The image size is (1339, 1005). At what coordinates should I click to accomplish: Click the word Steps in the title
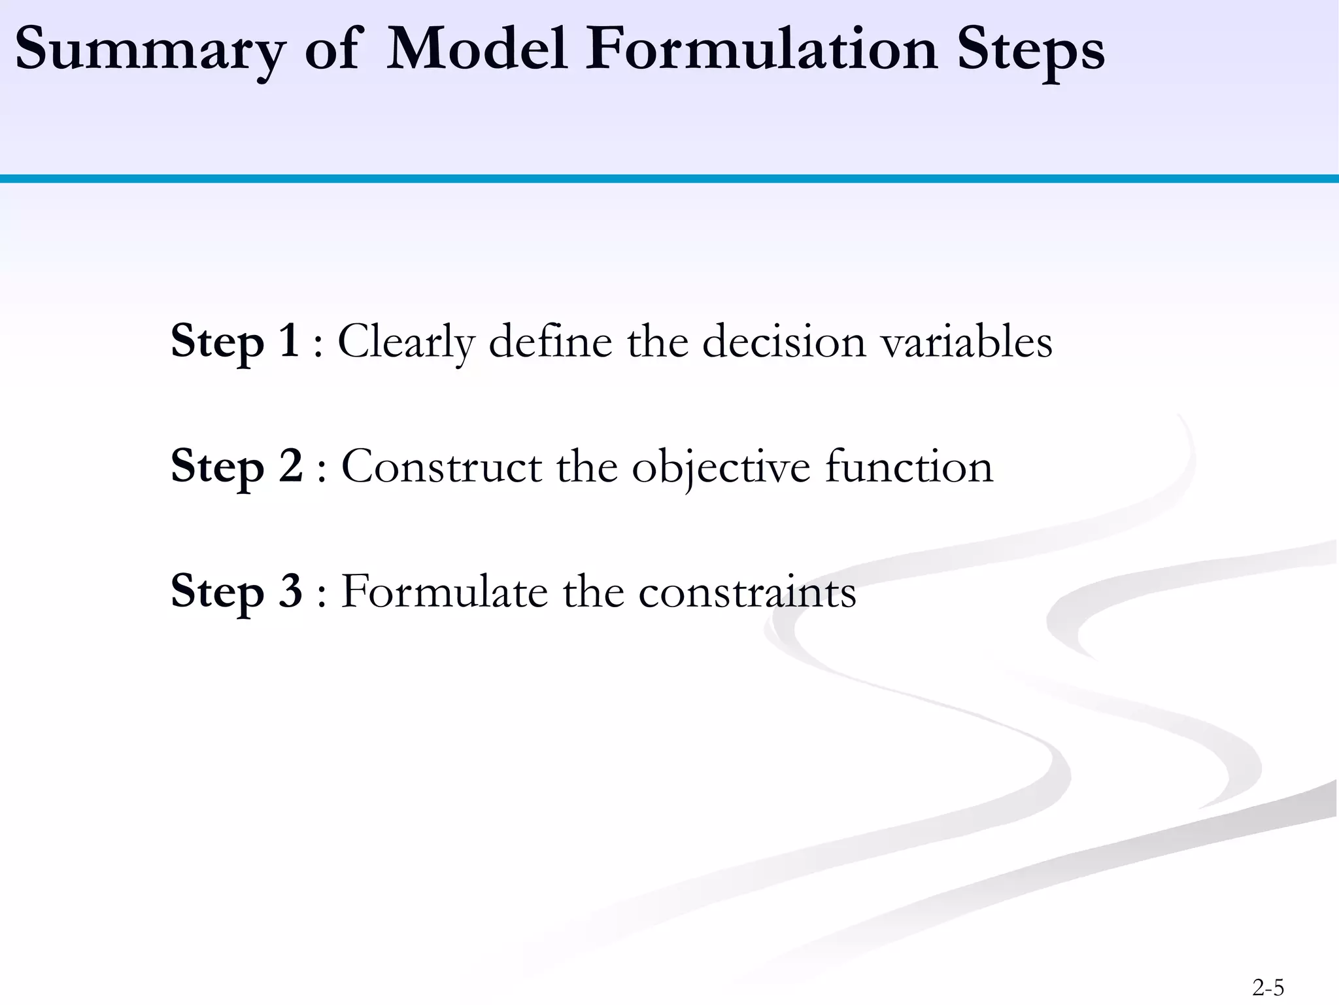click(1030, 51)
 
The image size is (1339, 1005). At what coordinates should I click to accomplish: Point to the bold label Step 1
click(235, 342)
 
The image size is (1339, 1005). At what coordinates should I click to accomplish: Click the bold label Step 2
click(237, 467)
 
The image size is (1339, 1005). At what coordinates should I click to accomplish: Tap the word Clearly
click(405, 343)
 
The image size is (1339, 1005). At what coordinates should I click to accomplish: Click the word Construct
click(441, 467)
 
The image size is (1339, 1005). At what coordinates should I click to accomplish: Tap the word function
click(909, 467)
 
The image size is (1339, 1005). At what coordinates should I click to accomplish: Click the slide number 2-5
click(1268, 987)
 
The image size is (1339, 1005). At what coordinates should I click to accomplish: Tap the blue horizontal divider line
click(669, 179)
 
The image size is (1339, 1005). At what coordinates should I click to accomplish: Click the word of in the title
click(332, 50)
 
